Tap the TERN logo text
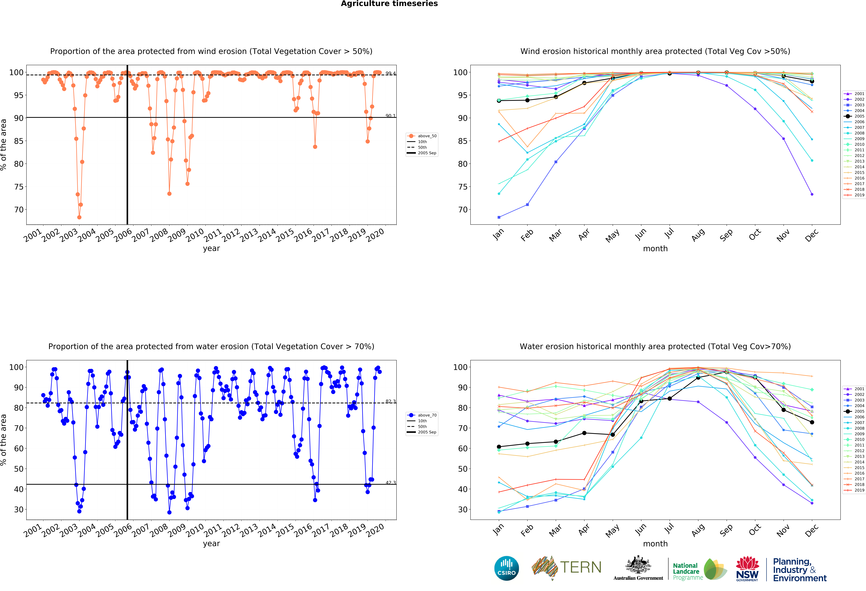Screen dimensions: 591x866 tap(581, 567)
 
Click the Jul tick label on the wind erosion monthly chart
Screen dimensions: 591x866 tap(669, 234)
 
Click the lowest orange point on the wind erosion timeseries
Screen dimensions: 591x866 tap(79, 217)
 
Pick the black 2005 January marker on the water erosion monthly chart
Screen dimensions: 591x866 tap(499, 447)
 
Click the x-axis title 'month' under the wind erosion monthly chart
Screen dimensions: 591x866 tap(655, 248)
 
